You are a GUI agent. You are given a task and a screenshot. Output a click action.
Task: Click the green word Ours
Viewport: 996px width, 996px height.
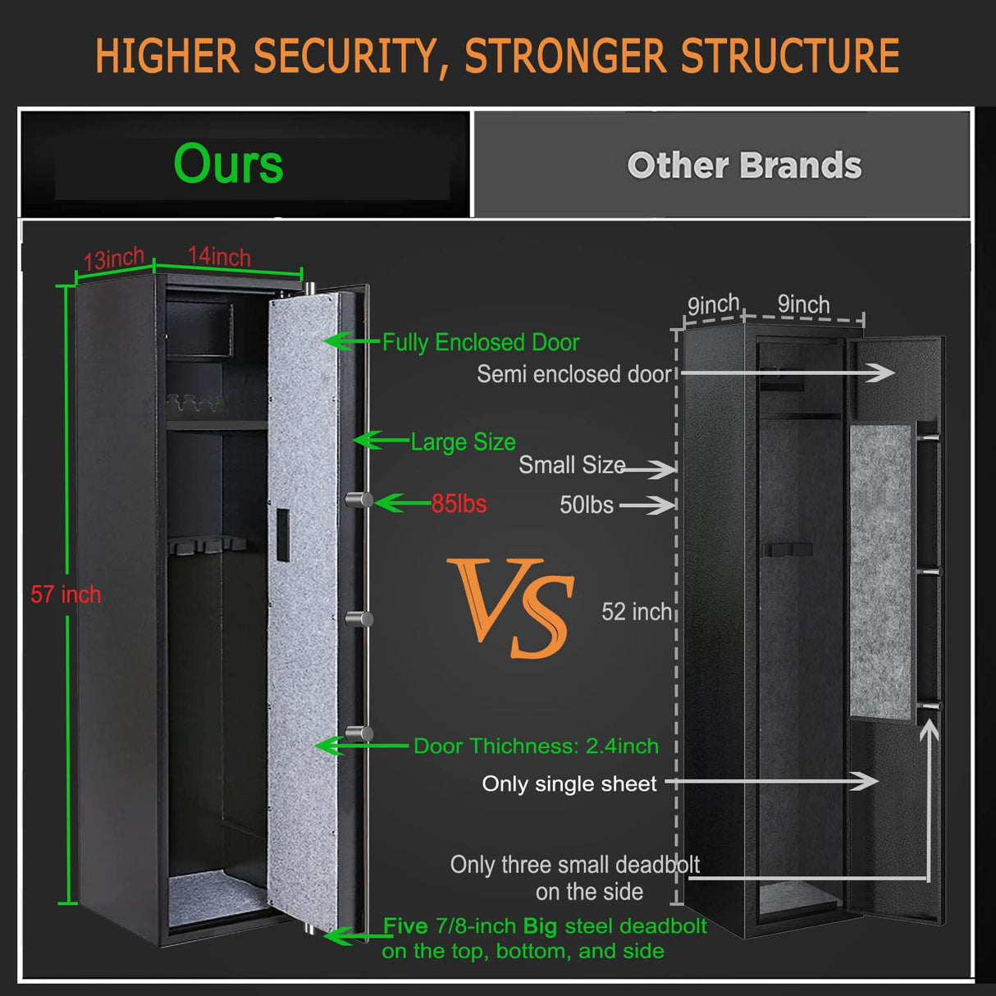click(x=228, y=164)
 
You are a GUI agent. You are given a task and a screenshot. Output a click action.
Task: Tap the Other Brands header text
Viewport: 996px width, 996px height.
click(x=744, y=166)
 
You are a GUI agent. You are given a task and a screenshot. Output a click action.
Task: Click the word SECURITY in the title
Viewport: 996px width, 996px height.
click(x=345, y=56)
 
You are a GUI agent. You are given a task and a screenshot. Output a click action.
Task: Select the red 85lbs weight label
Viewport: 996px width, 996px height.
click(x=459, y=504)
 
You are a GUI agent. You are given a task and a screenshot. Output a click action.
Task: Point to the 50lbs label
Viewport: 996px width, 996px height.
click(x=586, y=505)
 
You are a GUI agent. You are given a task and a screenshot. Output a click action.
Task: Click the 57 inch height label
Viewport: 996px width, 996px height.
click(x=66, y=594)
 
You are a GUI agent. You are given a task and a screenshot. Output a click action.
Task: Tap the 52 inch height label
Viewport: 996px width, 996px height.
click(x=637, y=611)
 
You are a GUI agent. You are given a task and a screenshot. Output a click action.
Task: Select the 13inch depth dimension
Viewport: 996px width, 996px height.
click(x=114, y=259)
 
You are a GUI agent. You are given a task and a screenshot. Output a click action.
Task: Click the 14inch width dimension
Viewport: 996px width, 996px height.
click(x=219, y=256)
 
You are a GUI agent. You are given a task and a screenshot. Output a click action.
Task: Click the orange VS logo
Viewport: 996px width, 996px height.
click(x=514, y=606)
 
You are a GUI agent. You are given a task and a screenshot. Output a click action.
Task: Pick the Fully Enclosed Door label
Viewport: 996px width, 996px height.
click(x=481, y=342)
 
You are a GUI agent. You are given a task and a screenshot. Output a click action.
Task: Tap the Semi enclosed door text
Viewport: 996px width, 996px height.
click(x=574, y=374)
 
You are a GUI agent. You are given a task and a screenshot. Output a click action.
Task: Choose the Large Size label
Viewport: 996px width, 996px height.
click(x=463, y=442)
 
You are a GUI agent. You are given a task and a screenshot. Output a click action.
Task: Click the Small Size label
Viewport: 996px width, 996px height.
click(x=572, y=465)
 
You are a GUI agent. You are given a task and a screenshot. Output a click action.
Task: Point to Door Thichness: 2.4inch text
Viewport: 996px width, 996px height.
click(x=536, y=746)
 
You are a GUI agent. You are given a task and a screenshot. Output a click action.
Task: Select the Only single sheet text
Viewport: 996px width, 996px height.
click(x=569, y=784)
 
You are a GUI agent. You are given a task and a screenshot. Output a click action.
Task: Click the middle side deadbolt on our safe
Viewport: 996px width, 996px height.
click(x=359, y=619)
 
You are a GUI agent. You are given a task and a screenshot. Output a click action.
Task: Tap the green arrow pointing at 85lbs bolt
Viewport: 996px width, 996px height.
click(x=402, y=503)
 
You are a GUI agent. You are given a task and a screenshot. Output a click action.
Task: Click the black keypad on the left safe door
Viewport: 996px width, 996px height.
click(x=281, y=534)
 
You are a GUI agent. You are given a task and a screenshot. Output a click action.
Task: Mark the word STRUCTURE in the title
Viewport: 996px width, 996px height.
click(x=790, y=56)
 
